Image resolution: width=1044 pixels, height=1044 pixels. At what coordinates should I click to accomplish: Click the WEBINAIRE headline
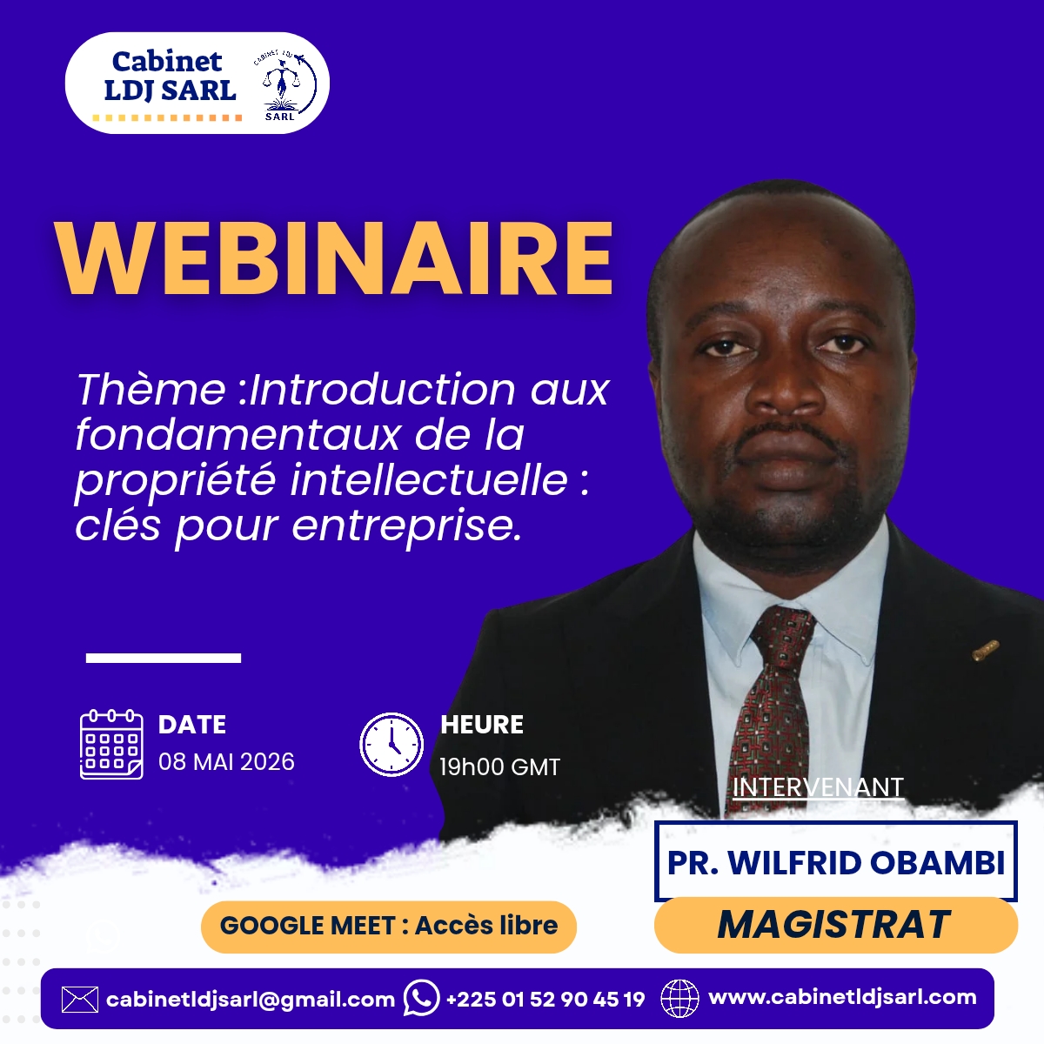point(334,258)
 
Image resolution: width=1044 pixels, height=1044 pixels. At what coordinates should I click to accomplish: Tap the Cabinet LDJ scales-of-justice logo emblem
point(285,85)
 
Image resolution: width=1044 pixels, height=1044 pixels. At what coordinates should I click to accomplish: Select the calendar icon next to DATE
point(111,744)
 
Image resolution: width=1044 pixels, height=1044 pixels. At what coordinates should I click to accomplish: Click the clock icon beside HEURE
point(391,744)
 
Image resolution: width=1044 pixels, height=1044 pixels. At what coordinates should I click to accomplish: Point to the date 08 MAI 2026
point(226,762)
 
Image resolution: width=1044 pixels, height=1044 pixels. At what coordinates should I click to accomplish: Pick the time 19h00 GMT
point(499,766)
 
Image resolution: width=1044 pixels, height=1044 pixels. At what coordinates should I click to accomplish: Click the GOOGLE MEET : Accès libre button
point(388,926)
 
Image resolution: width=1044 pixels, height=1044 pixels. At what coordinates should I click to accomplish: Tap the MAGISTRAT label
point(835,924)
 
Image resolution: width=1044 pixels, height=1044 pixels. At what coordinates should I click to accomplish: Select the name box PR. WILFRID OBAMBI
point(836,862)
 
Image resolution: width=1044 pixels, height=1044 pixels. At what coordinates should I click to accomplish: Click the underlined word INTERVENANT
point(818,787)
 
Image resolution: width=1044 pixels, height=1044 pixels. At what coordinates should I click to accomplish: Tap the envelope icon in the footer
point(80,1000)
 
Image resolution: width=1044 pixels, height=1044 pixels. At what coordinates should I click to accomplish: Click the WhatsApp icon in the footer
point(421,998)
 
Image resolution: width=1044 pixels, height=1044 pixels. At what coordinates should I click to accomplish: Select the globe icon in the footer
point(680,999)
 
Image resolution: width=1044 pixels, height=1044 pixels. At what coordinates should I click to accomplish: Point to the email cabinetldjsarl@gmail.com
point(251,1000)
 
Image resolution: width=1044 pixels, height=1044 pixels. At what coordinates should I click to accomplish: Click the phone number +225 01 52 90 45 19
point(545,999)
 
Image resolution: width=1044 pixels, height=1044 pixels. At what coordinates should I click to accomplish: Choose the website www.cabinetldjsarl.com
point(842,997)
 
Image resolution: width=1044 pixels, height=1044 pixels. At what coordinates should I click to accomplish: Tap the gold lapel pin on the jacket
point(986,650)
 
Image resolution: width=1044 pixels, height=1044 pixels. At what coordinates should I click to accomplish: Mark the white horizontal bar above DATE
point(163,658)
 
